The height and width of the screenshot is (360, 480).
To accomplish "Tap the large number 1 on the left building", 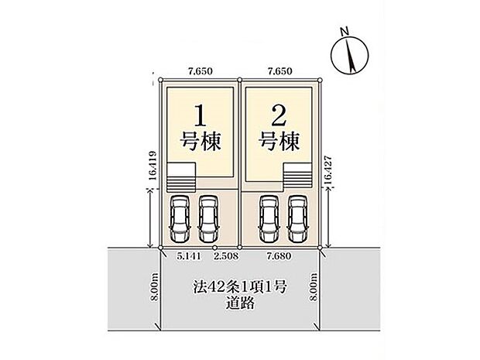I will pyautogui.click(x=201, y=116).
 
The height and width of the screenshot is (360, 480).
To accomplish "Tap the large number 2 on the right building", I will pyautogui.click(x=279, y=116).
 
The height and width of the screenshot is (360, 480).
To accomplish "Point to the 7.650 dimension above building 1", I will pyautogui.click(x=201, y=70).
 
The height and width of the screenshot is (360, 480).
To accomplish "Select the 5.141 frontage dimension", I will pyautogui.click(x=189, y=255).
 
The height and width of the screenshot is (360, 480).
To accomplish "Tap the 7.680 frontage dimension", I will pyautogui.click(x=279, y=255).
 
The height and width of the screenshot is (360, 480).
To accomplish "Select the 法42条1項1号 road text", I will pyautogui.click(x=240, y=288).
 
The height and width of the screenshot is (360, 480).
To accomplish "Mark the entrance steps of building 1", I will pyautogui.click(x=184, y=177).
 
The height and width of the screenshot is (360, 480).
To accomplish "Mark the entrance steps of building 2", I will pyautogui.click(x=297, y=177).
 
